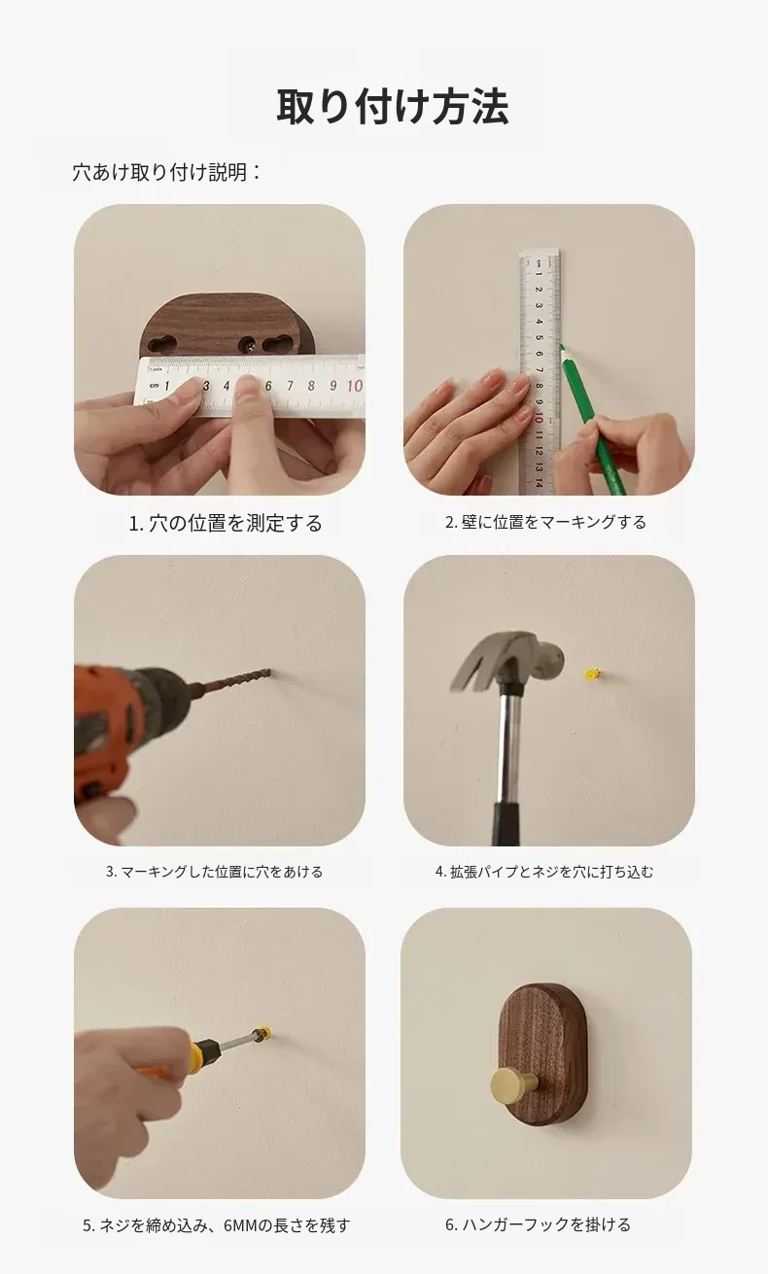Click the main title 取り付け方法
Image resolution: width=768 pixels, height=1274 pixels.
(393, 107)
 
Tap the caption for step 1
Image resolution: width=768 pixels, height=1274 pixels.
(226, 523)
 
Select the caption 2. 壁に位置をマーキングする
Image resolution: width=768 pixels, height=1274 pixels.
(545, 522)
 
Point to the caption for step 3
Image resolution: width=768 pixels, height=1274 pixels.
(214, 872)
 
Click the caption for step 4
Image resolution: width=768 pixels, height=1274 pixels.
(544, 872)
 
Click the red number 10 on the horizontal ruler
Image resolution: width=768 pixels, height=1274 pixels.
(354, 386)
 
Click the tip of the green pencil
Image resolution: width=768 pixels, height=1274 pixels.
(560, 344)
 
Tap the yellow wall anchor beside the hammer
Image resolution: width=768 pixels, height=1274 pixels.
(592, 674)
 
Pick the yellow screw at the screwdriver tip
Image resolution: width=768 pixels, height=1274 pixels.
(262, 1032)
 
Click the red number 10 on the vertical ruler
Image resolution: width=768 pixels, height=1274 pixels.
(539, 419)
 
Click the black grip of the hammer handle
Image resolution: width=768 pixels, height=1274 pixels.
(506, 823)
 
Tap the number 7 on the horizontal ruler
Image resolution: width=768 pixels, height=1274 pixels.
(290, 386)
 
